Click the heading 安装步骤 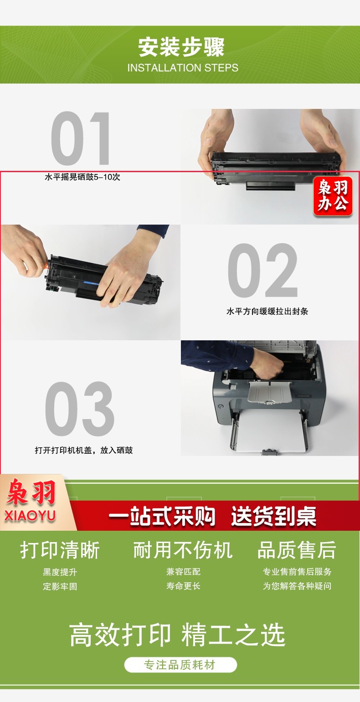(x=181, y=47)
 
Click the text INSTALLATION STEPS (x=183, y=68)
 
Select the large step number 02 (x=262, y=270)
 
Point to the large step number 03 (x=80, y=409)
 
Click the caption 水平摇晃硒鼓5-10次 (x=82, y=177)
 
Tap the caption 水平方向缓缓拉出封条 (x=267, y=311)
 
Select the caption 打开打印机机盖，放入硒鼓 (x=84, y=451)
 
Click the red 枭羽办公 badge (x=333, y=197)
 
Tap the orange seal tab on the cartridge (x=46, y=266)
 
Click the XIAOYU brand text (x=30, y=516)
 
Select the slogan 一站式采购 (x=162, y=516)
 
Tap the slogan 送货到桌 (x=273, y=516)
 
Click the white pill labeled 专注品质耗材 (x=180, y=665)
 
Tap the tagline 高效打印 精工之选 (x=177, y=635)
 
